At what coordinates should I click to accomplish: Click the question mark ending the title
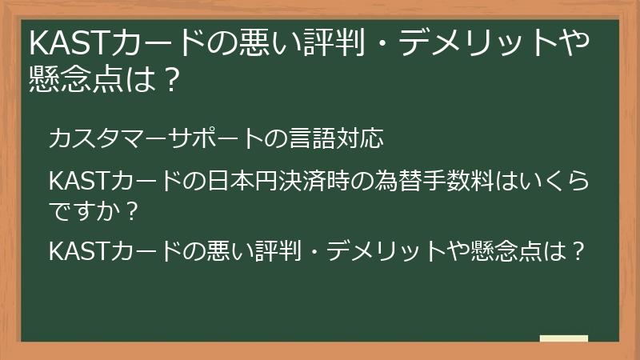(x=166, y=79)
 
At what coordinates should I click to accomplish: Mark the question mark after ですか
(x=133, y=211)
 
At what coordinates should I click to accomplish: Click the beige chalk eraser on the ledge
(x=563, y=338)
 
